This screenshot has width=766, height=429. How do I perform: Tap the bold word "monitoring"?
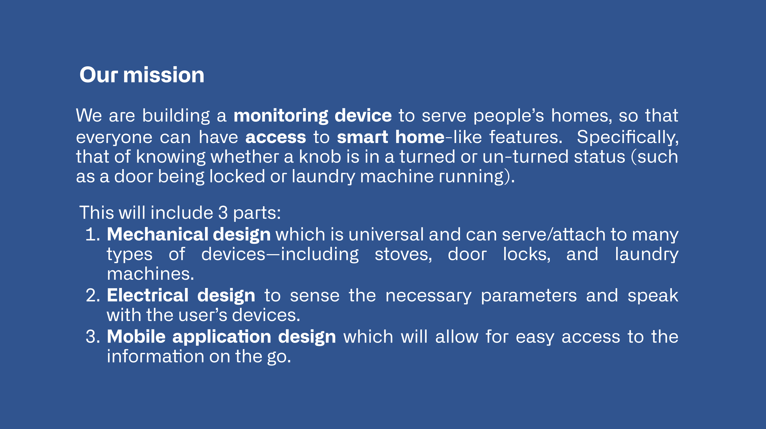(x=281, y=116)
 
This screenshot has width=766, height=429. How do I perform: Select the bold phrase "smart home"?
(x=391, y=137)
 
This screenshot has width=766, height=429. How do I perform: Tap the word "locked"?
(x=237, y=176)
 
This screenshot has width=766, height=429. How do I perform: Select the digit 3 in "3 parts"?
(x=223, y=213)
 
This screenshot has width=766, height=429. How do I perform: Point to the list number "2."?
(x=93, y=295)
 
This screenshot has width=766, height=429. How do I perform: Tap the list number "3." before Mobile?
(x=93, y=337)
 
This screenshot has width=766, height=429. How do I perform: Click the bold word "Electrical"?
(x=148, y=295)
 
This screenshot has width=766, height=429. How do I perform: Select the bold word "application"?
(x=222, y=337)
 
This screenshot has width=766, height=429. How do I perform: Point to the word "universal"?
(x=386, y=234)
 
